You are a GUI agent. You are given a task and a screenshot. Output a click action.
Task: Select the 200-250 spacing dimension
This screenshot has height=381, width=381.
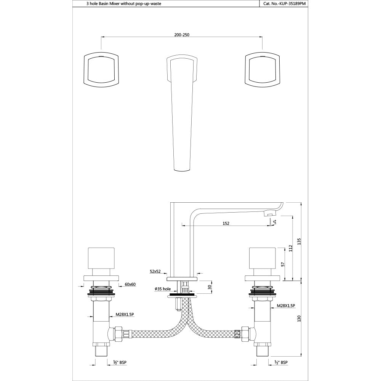tap(182, 34)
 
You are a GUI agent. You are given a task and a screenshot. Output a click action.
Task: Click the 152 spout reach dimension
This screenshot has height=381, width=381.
tap(226, 224)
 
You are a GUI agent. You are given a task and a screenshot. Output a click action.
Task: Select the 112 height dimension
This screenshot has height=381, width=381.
tap(291, 248)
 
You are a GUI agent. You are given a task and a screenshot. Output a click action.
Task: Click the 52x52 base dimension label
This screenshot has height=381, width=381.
tap(155, 272)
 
